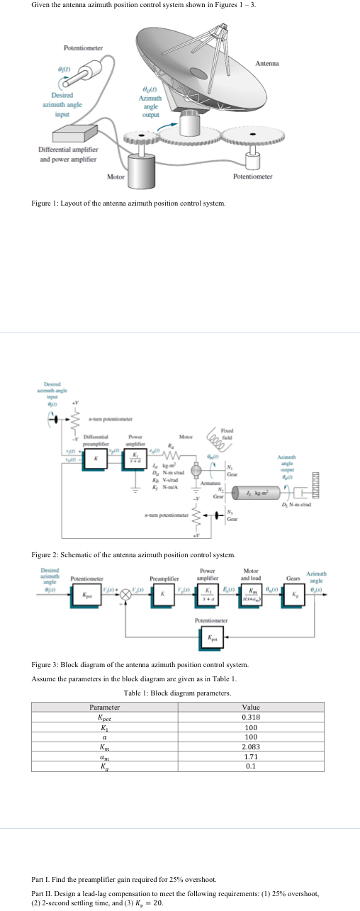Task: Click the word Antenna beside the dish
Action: (x=267, y=63)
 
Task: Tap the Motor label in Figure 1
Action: (x=116, y=176)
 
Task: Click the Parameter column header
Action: (x=104, y=686)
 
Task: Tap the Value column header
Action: (x=251, y=686)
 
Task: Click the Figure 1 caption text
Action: (x=129, y=203)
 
